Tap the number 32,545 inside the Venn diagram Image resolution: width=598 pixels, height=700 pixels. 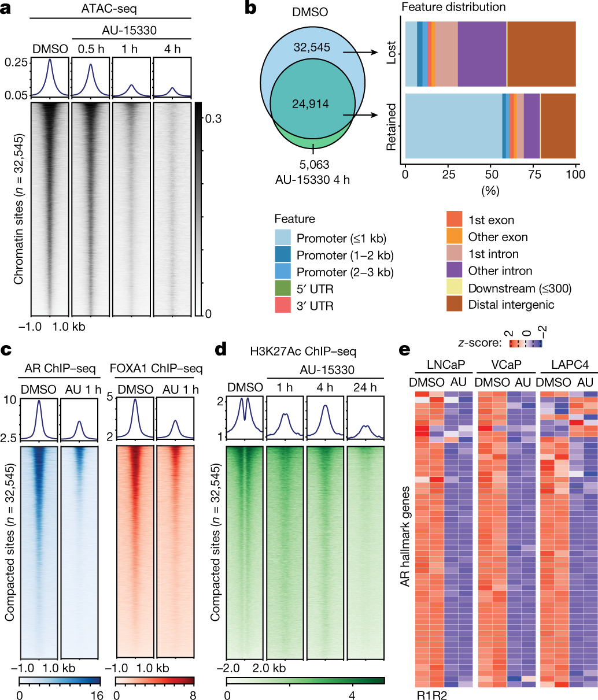point(311,48)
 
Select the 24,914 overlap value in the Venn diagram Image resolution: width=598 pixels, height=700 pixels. point(310,104)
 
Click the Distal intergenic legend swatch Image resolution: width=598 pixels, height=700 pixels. point(455,304)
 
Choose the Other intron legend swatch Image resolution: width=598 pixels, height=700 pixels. point(455,271)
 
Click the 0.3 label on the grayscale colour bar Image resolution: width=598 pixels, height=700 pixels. point(212,118)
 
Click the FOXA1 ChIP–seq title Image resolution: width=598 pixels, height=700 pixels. point(156,368)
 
